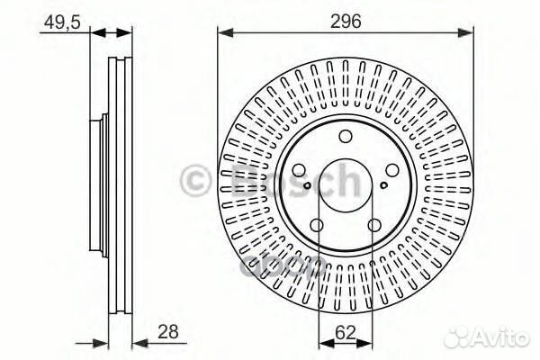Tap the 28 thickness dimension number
pyautogui.click(x=167, y=332)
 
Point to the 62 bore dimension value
pyautogui.click(x=346, y=332)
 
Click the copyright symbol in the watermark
pyautogui.click(x=195, y=181)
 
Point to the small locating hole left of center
pyautogui.click(x=308, y=186)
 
